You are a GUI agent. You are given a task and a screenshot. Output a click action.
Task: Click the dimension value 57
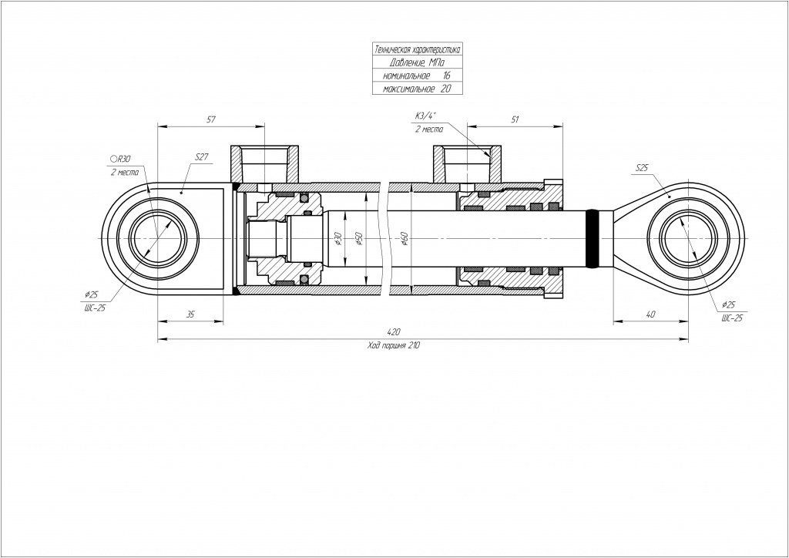211,119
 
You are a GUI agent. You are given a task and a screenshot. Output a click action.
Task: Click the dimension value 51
515,119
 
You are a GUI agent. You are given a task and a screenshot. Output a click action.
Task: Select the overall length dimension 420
394,332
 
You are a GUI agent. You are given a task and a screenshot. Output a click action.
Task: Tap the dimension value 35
190,314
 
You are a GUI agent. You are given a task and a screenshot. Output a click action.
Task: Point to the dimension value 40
651,314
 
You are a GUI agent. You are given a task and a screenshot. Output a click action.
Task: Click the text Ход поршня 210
394,346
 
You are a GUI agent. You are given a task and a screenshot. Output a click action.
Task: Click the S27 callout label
202,156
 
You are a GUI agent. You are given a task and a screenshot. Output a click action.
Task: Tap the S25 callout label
643,167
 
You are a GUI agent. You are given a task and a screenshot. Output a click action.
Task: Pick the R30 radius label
122,159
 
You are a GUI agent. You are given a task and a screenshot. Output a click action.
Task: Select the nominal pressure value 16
446,76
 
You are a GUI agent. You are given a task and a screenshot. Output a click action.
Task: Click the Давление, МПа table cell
417,62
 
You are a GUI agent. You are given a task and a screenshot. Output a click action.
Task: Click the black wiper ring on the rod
593,239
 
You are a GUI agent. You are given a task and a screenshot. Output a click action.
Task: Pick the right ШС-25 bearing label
731,318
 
